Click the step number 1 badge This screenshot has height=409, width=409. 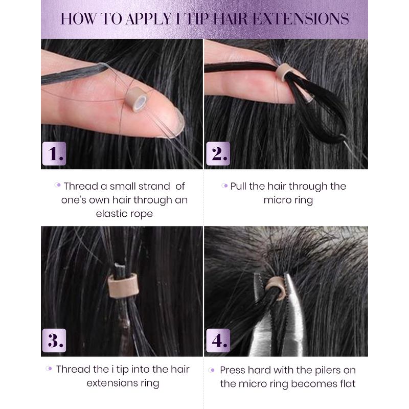pos(54,153)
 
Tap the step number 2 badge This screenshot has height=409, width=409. pos(218,153)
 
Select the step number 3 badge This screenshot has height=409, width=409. pos(54,340)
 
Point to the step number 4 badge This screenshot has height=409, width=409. pos(218,340)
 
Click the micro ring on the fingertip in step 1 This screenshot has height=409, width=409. pos(136,99)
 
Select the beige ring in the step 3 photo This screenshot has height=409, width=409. pos(123,285)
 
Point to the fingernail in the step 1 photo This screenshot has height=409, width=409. pos(178,123)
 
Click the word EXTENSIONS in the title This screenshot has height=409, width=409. pos(301,19)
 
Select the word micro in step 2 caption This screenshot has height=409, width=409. pos(276,200)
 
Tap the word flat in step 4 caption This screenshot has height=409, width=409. pos(348,384)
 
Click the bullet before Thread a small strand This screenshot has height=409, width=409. pos(57,185)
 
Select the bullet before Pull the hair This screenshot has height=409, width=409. pos(224,186)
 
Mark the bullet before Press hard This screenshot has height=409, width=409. pos(212,370)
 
